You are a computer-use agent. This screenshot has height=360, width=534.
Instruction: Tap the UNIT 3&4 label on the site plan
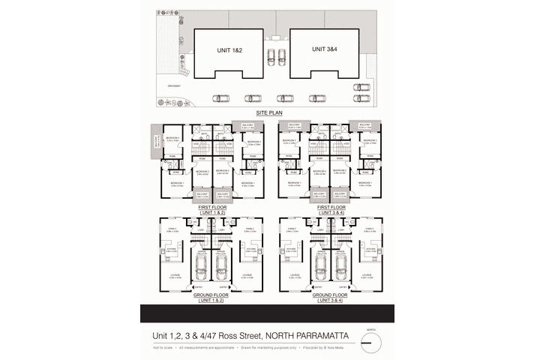(x=323, y=49)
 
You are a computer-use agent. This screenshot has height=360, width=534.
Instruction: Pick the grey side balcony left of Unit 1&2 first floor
(x=155, y=142)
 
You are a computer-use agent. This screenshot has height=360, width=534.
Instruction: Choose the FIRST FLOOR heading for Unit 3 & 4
(x=331, y=207)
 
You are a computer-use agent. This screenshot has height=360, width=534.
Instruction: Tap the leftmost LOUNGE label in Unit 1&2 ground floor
(x=175, y=277)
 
